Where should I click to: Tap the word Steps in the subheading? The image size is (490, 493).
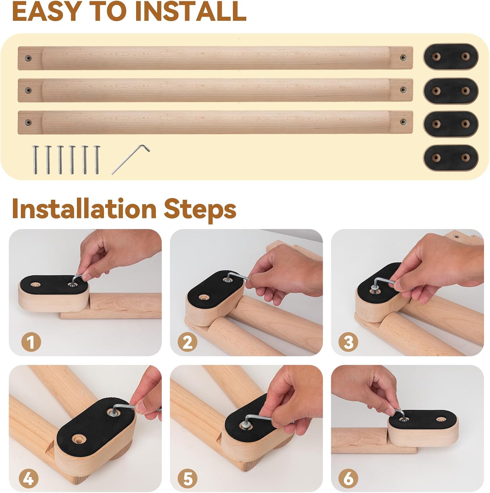[200, 209]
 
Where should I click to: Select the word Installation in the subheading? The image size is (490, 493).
[84, 209]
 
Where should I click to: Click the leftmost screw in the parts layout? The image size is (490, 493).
[35, 160]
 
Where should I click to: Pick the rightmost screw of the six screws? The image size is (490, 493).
[97, 160]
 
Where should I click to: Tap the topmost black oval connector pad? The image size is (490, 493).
[451, 57]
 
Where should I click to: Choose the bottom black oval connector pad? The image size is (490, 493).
[451, 158]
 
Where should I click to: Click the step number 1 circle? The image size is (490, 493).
[31, 342]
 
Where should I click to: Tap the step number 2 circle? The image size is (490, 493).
[187, 342]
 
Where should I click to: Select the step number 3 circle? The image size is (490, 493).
[348, 342]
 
